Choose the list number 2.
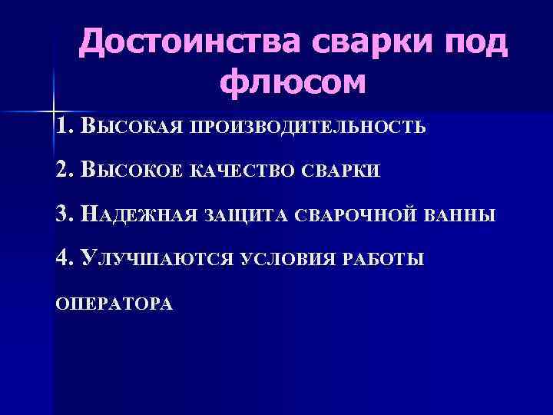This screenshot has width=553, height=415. coord(64,169)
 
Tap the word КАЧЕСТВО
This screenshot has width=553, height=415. coord(238,171)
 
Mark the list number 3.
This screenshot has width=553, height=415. coord(64,213)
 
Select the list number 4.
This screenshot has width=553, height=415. coord(64,257)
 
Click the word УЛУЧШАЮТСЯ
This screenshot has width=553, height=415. coord(155,258)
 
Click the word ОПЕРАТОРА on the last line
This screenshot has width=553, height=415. coord(114,304)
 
